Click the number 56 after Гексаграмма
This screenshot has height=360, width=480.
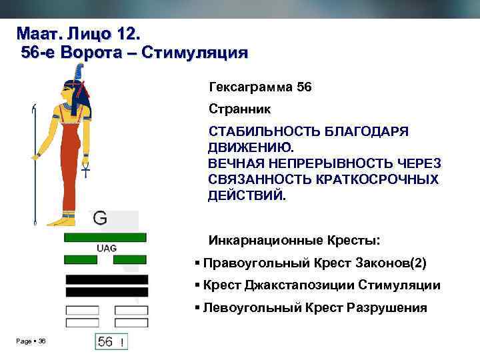pos(304,87)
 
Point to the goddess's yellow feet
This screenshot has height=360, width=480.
pos(63,219)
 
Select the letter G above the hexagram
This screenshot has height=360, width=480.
pos(100,217)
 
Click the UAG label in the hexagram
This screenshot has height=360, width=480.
pos(107,248)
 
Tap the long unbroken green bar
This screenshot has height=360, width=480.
pos(105,237)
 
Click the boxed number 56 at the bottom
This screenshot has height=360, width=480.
pos(105,342)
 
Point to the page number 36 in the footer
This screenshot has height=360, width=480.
pos(42,341)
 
